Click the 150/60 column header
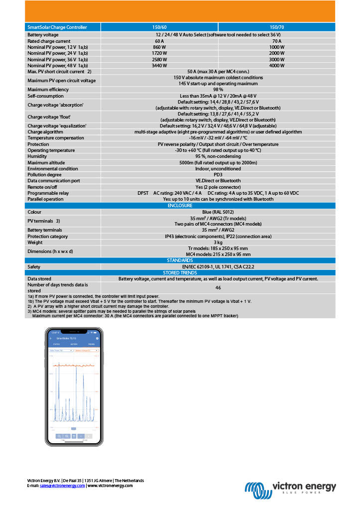[x=159, y=27]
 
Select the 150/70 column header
[x=277, y=27]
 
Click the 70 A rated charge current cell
[x=277, y=41]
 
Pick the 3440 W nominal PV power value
[x=159, y=65]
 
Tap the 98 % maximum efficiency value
[x=218, y=89]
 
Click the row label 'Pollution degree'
[x=45, y=174]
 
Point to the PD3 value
[x=218, y=174]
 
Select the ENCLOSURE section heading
[x=180, y=205]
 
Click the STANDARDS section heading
[x=180, y=260]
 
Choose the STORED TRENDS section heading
[x=180, y=272]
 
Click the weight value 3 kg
[x=218, y=242]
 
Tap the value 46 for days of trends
[x=218, y=287]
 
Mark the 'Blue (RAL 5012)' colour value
[x=218, y=211]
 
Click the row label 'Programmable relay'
[x=48, y=193]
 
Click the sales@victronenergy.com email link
[x=62, y=486]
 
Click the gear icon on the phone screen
[x=97, y=338]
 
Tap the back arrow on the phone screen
[x=51, y=338]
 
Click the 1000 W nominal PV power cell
[x=277, y=47]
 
